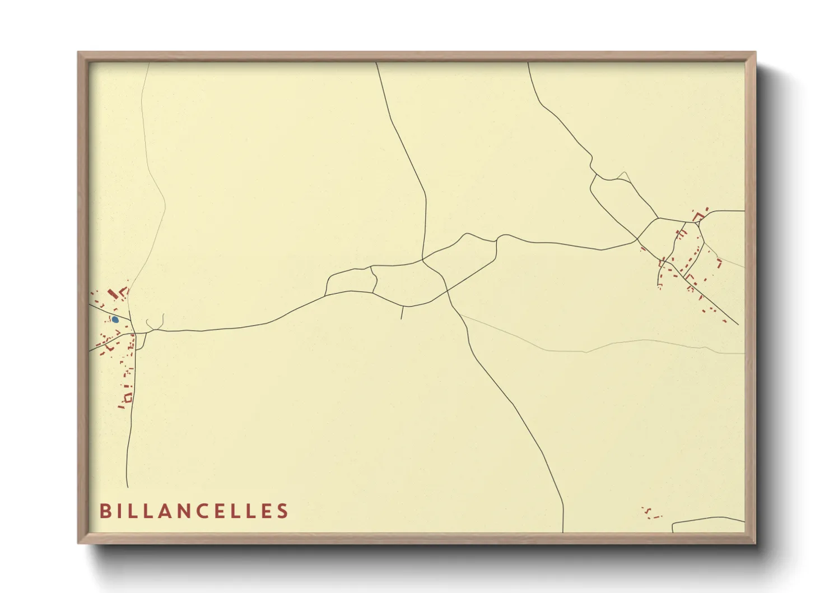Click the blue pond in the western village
115,319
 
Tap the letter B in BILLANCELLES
105,511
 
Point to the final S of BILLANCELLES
282,511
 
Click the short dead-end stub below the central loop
402,313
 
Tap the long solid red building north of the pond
111,293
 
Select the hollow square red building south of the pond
128,397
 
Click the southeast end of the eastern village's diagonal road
737,324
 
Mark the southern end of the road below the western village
127,485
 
